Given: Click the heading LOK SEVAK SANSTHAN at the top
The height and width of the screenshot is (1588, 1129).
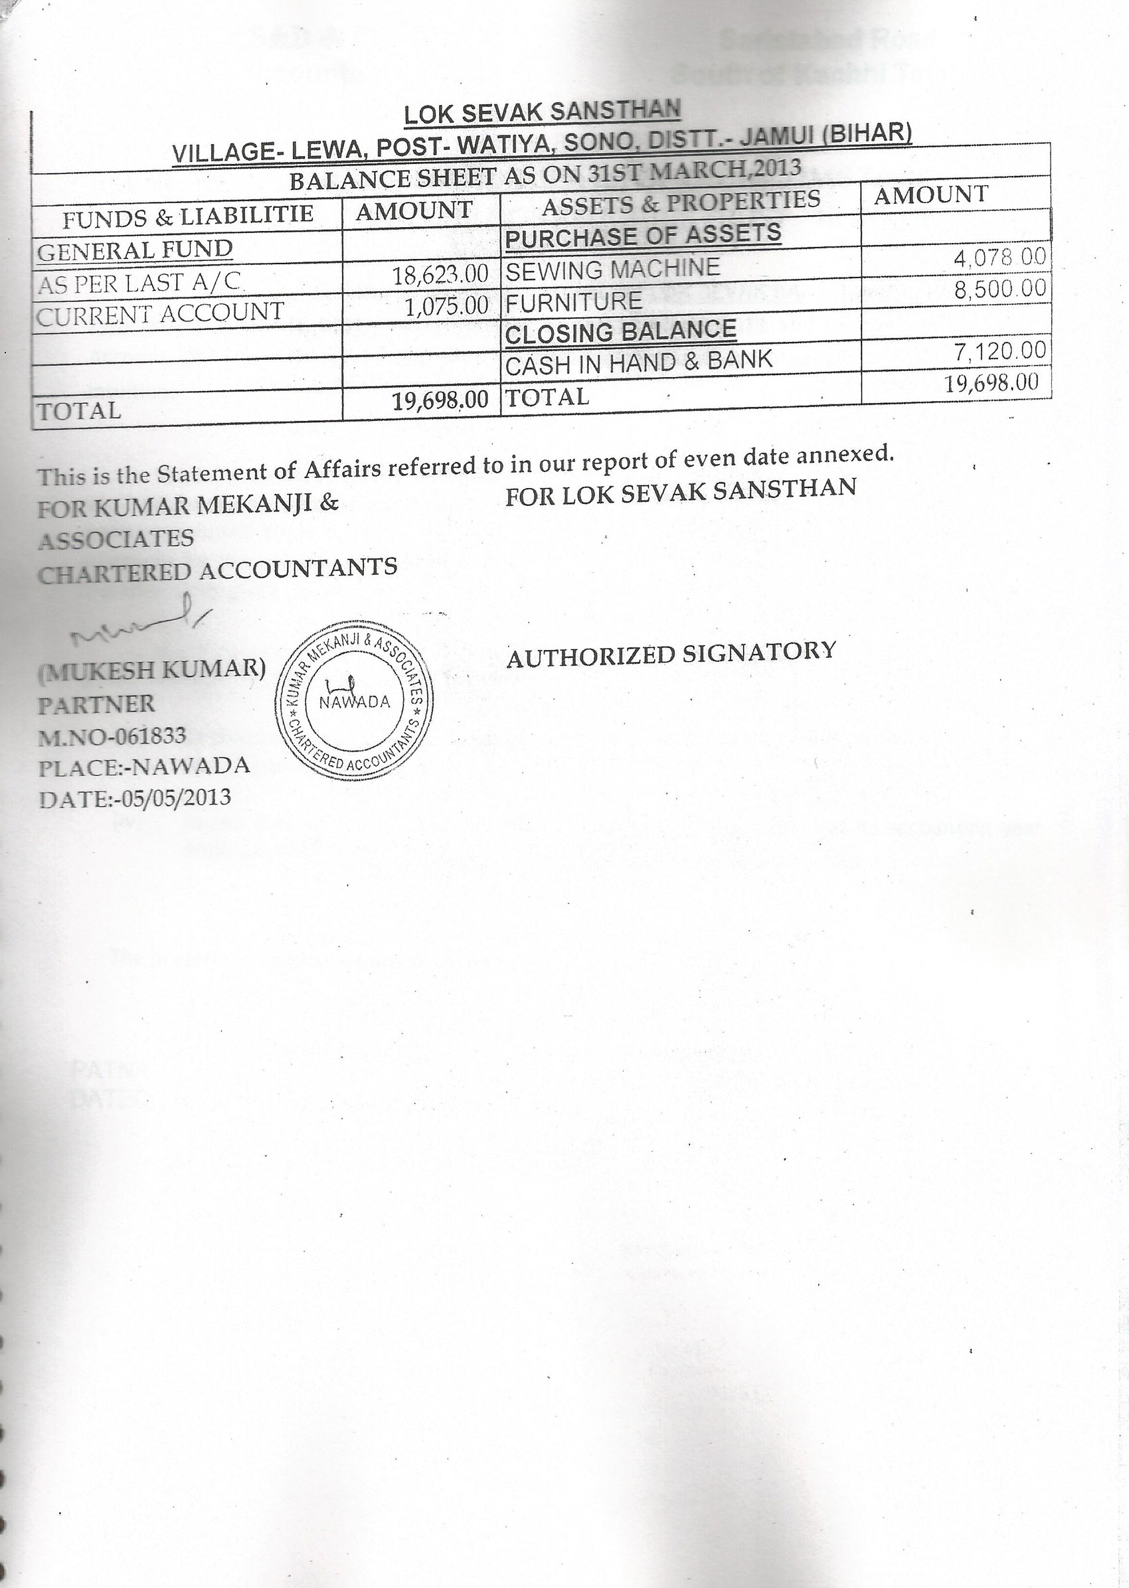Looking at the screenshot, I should pyautogui.click(x=543, y=111).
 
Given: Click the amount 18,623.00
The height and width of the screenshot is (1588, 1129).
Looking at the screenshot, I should pyautogui.click(x=440, y=274).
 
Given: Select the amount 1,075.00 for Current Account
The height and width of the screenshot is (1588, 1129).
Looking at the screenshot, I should pyautogui.click(x=446, y=306).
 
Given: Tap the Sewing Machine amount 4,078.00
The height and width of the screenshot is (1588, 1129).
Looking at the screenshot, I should pyautogui.click(x=999, y=258).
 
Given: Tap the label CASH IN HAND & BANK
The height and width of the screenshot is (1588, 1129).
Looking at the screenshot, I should pyautogui.click(x=638, y=362).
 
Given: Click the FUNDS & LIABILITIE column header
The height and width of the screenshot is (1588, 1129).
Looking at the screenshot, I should pyautogui.click(x=188, y=217).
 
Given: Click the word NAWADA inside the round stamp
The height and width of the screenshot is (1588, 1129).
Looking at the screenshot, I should pyautogui.click(x=355, y=701).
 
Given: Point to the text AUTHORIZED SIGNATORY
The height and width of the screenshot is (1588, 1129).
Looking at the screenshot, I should pyautogui.click(x=670, y=653).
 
